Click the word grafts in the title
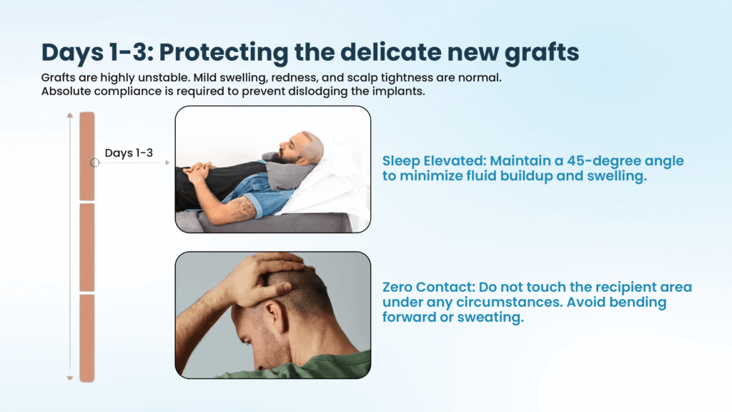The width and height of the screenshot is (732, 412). [x=542, y=53]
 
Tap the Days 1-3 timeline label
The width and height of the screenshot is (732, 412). [x=129, y=153]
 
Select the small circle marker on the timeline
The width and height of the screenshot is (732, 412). [x=95, y=162]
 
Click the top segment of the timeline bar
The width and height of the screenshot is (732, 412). [x=86, y=156]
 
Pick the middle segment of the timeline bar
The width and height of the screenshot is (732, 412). [x=86, y=247]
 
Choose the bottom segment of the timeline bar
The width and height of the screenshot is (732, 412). [x=86, y=338]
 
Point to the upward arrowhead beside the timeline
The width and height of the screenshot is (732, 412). [x=70, y=115]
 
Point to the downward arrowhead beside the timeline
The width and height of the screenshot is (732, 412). [x=70, y=378]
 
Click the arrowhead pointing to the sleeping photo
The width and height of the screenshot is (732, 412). [x=167, y=162]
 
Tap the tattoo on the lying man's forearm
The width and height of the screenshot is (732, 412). [x=239, y=209]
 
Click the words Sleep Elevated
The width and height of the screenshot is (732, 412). [x=434, y=161]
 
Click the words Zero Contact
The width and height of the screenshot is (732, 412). [x=429, y=287]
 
